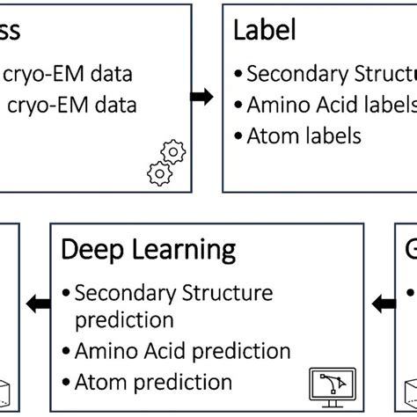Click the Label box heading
[x=264, y=33]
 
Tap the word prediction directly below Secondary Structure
[x=124, y=318]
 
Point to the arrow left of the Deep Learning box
[x=36, y=304]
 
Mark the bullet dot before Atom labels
[x=238, y=135]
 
